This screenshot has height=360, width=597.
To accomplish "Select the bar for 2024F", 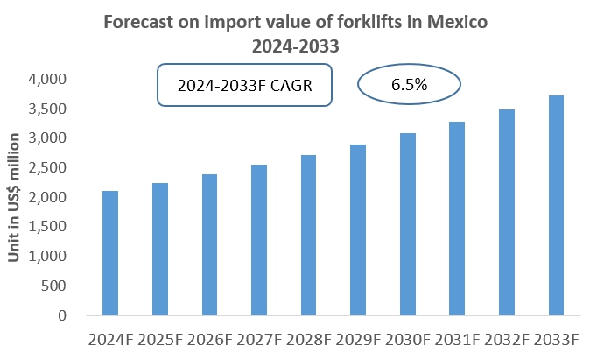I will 110,253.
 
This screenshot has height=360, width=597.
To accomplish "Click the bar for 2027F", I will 259,240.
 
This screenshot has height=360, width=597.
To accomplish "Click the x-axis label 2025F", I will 160,339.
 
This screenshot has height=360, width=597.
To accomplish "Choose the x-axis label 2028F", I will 308,339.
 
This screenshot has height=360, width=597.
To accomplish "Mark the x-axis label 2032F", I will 507,339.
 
